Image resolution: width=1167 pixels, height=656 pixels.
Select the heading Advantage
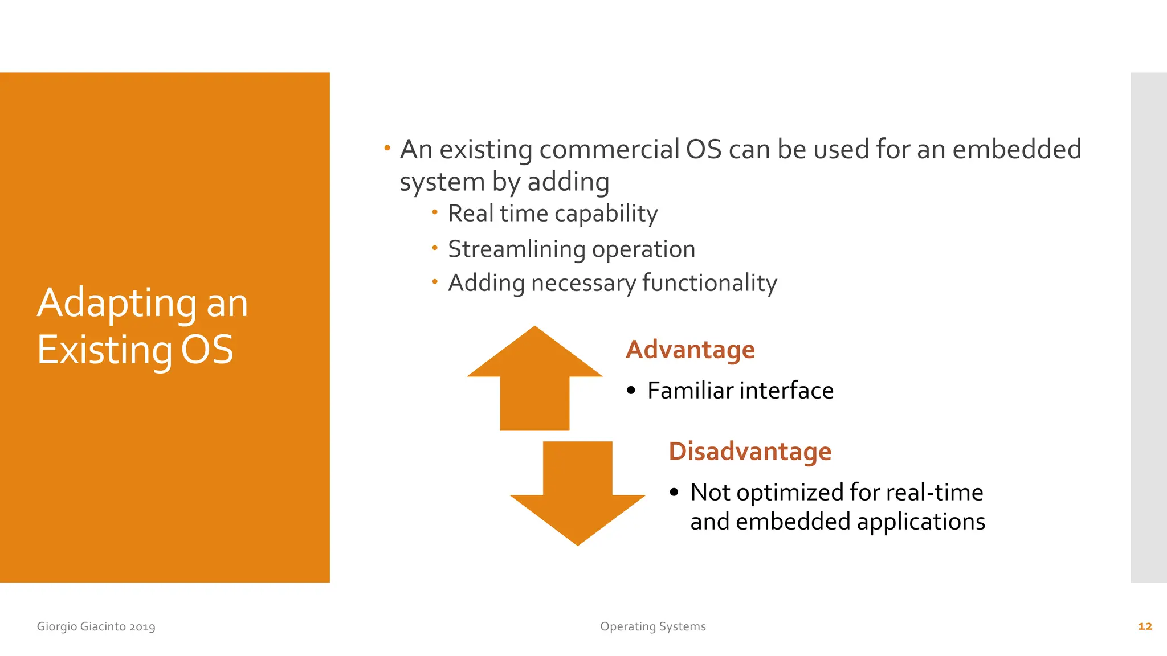click(690, 349)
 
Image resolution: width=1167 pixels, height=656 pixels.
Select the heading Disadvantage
click(750, 451)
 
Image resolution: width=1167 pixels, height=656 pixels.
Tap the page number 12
click(1145, 626)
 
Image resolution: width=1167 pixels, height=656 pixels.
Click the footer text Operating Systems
click(652, 626)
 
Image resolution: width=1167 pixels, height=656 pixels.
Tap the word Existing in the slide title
click(105, 350)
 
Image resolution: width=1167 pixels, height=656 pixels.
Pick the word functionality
click(709, 283)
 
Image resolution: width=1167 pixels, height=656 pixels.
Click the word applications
click(920, 522)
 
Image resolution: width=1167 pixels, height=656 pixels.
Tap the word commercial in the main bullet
click(609, 150)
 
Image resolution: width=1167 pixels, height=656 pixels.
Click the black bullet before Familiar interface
click(630, 391)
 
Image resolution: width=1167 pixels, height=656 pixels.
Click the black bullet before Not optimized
click(674, 492)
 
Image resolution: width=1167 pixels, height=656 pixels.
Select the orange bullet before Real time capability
click(435, 212)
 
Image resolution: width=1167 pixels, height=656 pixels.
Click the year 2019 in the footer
click(142, 626)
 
